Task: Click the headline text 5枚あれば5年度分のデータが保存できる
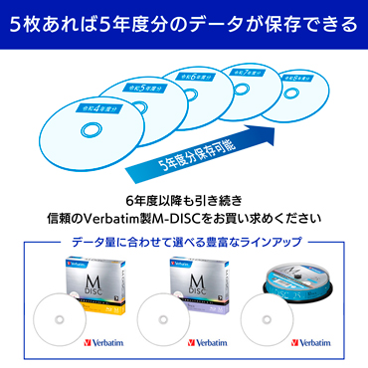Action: (x=184, y=20)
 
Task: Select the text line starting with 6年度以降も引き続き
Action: (x=184, y=199)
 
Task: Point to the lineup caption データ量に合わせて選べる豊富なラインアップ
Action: (x=184, y=242)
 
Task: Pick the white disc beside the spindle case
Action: (x=268, y=317)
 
